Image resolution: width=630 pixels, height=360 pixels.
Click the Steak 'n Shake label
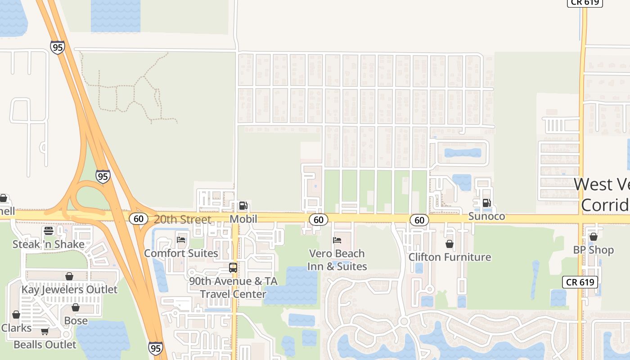tap(49, 244)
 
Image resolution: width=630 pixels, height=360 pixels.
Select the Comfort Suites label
tap(181, 253)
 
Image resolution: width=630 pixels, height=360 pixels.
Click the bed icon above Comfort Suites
tap(181, 240)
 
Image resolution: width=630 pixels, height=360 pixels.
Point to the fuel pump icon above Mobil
tap(243, 206)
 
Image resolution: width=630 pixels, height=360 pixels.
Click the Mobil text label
tap(243, 219)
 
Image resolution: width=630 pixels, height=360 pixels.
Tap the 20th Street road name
tap(182, 220)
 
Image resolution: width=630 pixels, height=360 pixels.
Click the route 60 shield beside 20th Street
tap(138, 219)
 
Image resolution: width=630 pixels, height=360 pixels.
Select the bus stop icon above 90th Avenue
tap(233, 268)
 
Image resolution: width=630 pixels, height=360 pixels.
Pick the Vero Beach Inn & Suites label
tap(337, 260)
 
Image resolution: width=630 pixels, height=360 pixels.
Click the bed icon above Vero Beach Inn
tap(337, 240)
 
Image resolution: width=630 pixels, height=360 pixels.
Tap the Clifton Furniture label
tap(450, 257)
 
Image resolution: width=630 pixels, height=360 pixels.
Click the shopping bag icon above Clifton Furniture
tap(449, 244)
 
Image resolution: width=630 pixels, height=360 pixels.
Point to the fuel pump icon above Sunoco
tap(486, 203)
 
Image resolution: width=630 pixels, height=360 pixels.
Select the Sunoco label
tap(486, 216)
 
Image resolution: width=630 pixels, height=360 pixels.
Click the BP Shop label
tap(593, 250)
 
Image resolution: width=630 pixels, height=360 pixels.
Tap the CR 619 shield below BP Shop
tap(580, 283)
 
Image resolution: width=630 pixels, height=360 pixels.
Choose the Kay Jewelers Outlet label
tap(69, 289)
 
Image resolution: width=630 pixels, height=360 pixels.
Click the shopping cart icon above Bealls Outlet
tap(45, 332)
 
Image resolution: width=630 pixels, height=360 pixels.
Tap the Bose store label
tap(76, 321)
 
